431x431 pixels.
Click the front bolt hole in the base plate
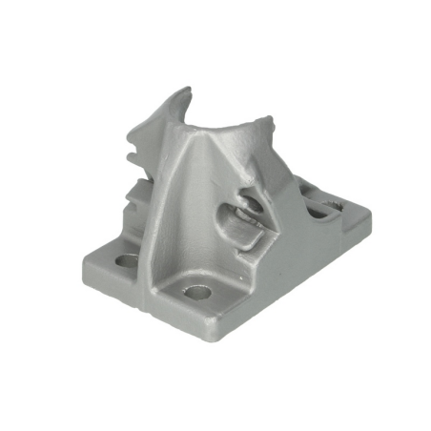tap(197, 291)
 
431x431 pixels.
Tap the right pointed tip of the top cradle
tap(268, 121)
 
